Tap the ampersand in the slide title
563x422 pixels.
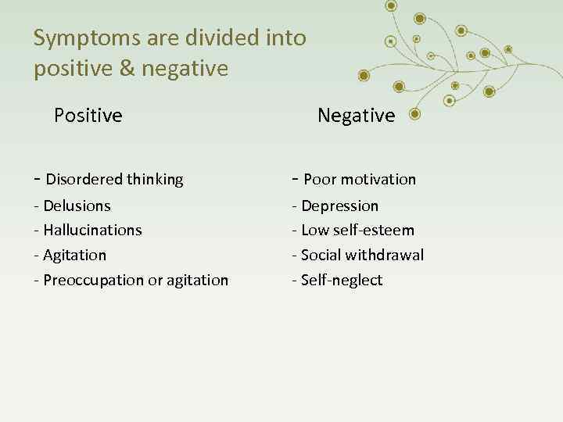[x=123, y=69]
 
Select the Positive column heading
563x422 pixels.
[x=88, y=116]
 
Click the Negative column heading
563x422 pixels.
[x=357, y=116]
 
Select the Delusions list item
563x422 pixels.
[x=77, y=206]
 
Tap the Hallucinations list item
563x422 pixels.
[x=92, y=231]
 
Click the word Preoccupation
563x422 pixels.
[x=95, y=280]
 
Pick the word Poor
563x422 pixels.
[x=319, y=179]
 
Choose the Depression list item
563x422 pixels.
[x=339, y=206]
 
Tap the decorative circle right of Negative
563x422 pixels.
[x=414, y=115]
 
